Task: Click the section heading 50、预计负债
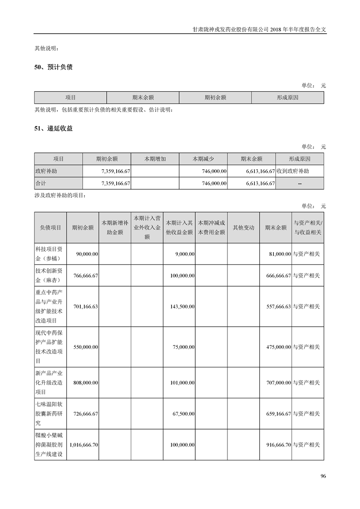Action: pos(54,67)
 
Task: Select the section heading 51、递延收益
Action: pos(54,128)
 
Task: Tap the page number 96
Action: pos(323,476)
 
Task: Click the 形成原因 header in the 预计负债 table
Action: pos(287,98)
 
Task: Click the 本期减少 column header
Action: pos(203,159)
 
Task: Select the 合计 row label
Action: pos(41,183)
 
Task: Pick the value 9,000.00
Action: pos(185,254)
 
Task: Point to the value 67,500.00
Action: pos(183,414)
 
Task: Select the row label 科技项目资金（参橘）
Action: pos(50,254)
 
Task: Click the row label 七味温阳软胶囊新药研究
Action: pos(50,414)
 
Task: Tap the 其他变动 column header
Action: pos(243,228)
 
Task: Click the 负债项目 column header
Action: pos(50,228)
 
